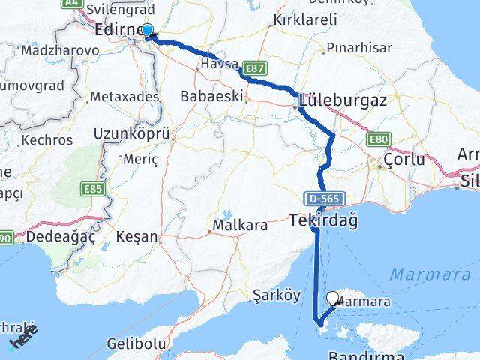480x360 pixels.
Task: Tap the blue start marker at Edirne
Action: [148, 31]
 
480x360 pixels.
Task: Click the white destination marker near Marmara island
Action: [332, 298]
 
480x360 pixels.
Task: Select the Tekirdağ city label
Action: [323, 220]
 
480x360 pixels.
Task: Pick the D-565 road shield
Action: [316, 199]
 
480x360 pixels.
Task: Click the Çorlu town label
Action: [403, 160]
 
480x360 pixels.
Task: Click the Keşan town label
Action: [136, 237]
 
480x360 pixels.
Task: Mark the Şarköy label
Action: [276, 295]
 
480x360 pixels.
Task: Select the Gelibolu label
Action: [136, 343]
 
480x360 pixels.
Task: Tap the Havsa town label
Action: [218, 65]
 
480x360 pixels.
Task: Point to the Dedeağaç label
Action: [61, 237]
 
